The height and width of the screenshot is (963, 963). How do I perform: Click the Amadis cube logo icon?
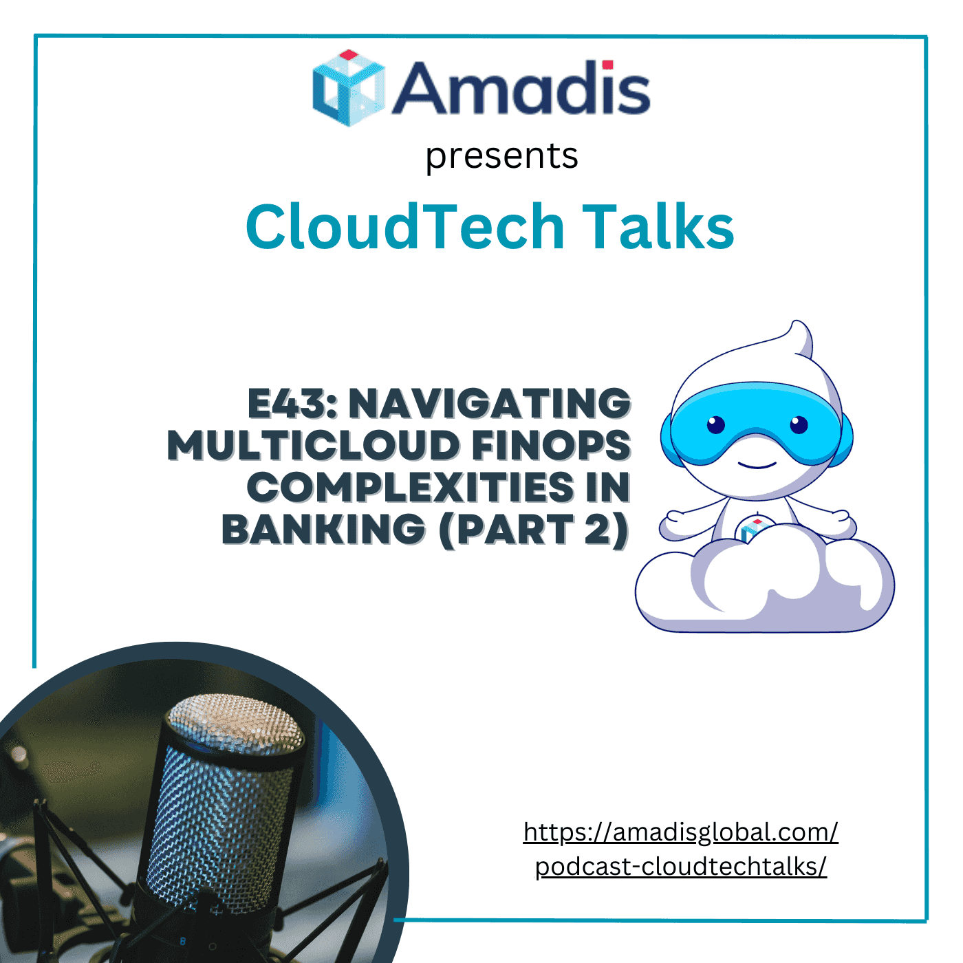(x=348, y=88)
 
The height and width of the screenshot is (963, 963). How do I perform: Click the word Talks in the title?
(x=658, y=226)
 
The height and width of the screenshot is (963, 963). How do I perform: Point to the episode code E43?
(x=292, y=404)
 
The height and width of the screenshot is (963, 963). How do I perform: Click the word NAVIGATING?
(x=490, y=404)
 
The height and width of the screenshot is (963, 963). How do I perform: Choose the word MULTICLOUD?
(x=313, y=446)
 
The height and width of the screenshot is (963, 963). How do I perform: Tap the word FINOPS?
(x=551, y=446)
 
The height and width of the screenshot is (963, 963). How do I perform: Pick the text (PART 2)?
(x=534, y=530)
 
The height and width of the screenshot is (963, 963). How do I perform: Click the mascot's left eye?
(x=716, y=424)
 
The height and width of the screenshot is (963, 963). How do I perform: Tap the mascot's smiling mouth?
(x=757, y=465)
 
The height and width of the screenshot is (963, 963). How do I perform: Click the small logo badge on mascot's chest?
(x=753, y=530)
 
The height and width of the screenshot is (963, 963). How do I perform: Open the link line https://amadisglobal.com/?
(x=680, y=832)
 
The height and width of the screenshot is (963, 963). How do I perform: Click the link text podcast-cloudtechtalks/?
(x=680, y=867)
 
